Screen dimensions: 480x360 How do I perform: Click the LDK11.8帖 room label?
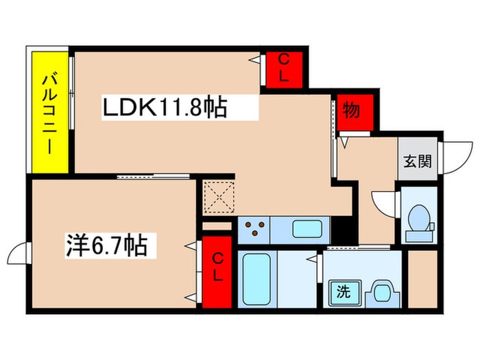coord(165,108)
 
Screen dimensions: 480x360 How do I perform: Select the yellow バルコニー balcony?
coord(50,112)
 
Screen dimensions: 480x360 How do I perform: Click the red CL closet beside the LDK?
coord(284,70)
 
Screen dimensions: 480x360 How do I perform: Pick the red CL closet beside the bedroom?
coord(217,272)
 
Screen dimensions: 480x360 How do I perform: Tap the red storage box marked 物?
coord(355,112)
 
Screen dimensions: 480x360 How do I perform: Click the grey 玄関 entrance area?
coord(418,158)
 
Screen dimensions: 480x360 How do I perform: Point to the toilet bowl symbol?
coord(419,218)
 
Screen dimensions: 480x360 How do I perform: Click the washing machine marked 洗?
coord(345,292)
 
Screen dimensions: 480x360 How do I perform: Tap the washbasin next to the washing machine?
coord(382,293)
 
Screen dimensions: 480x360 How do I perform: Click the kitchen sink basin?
coord(307,229)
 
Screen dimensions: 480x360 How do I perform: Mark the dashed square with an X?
coord(219,197)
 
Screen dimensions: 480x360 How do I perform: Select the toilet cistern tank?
coord(419,236)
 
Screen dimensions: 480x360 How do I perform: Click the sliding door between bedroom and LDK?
coord(154,177)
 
